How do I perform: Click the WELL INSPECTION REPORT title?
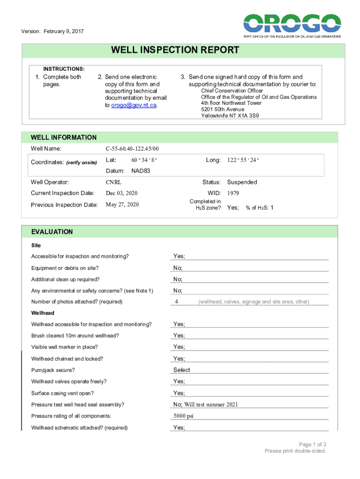175,50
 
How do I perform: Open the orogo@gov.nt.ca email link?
133,105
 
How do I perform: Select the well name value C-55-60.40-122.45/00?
132,149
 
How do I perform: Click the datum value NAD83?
141,171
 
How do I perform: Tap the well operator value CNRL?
114,182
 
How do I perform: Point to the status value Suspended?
242,182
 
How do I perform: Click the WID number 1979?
234,193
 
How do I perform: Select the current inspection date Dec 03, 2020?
122,193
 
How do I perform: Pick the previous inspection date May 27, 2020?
122,204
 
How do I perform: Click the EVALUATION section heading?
52,232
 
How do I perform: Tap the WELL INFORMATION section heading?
64,138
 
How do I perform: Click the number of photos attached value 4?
176,302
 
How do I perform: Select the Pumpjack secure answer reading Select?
182,370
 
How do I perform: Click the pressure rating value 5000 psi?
183,416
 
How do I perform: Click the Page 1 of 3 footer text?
312,444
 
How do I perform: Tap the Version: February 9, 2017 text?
52,31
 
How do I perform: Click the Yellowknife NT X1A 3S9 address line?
230,115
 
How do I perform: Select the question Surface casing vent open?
62,393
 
